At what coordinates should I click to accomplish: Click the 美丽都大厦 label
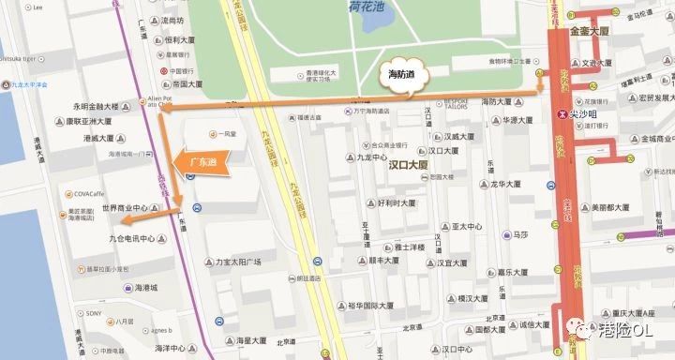[x=606, y=207]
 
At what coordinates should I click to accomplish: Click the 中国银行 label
[x=185, y=70]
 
